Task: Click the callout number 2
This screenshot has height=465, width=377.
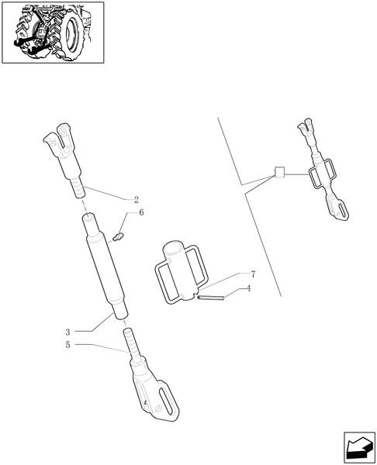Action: pos(136,200)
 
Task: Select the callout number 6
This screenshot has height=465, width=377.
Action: pos(141,212)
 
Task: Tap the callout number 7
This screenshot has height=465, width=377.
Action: pos(253,274)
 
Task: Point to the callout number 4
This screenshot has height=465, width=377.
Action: pos(248,289)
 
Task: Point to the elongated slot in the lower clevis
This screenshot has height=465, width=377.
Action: pos(165,402)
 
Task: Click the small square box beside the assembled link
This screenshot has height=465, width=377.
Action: pos(280,173)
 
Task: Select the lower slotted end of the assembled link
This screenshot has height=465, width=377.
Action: pos(339,211)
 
